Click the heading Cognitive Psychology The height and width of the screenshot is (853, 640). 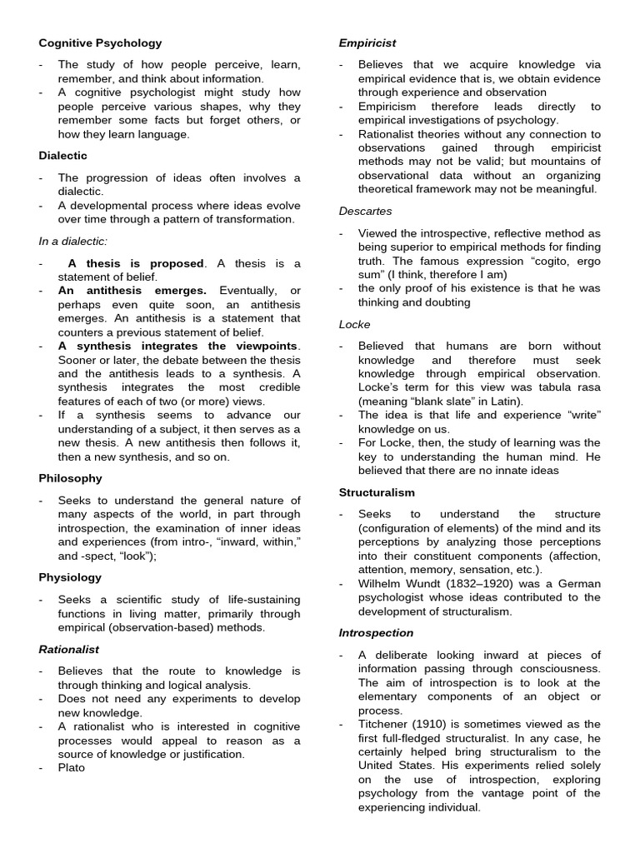click(100, 42)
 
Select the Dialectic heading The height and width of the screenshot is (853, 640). click(62, 155)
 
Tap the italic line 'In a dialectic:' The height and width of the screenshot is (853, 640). click(74, 242)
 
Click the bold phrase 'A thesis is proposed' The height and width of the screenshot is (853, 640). click(136, 263)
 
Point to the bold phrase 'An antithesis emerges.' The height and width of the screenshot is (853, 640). click(132, 291)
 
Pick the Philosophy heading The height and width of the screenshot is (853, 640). click(70, 478)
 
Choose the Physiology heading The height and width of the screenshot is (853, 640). click(70, 577)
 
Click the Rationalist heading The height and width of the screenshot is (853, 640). click(68, 649)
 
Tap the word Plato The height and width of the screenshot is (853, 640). click(72, 767)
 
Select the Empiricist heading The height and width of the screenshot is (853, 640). click(367, 42)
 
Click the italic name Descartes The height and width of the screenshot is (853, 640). click(365, 211)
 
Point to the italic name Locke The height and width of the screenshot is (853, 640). click(354, 324)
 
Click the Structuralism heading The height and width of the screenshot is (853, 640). click(377, 492)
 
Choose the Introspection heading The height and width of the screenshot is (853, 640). click(376, 633)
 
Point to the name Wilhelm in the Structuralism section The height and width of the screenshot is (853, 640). click(380, 583)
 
